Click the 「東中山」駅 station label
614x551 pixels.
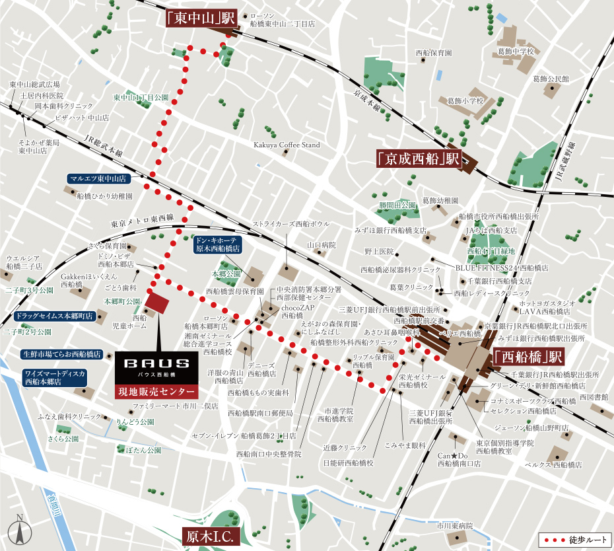200,18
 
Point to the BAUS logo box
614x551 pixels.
157,365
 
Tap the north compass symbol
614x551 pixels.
20,530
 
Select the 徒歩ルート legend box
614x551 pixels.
572,540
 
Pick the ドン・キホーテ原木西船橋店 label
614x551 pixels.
217,245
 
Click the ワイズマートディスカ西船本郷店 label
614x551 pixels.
55,377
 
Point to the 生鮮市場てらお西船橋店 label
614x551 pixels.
61,353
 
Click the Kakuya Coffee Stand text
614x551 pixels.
287,145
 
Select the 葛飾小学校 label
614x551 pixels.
466,101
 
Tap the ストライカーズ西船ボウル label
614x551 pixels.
291,224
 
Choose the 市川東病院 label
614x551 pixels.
454,527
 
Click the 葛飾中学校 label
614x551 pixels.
515,51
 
